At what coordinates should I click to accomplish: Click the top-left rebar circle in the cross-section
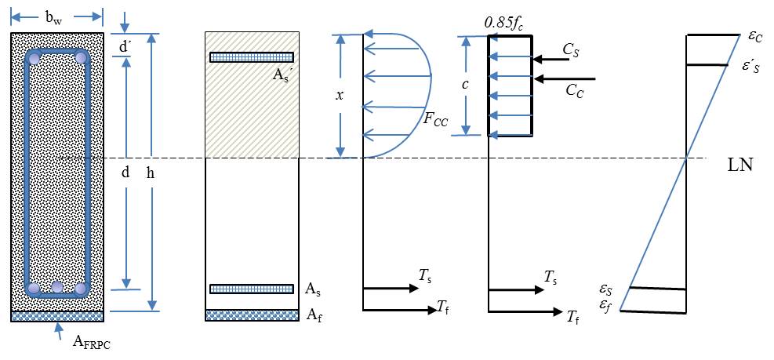[x=34, y=58]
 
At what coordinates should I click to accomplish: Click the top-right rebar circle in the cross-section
[x=80, y=58]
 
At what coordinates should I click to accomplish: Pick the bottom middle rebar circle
[x=57, y=288]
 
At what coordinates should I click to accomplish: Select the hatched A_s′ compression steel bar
[x=251, y=57]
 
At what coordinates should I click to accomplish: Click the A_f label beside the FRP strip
[x=312, y=315]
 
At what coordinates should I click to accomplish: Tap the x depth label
[x=339, y=94]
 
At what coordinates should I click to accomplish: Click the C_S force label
[x=572, y=49]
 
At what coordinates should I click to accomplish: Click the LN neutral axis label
[x=740, y=165]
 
